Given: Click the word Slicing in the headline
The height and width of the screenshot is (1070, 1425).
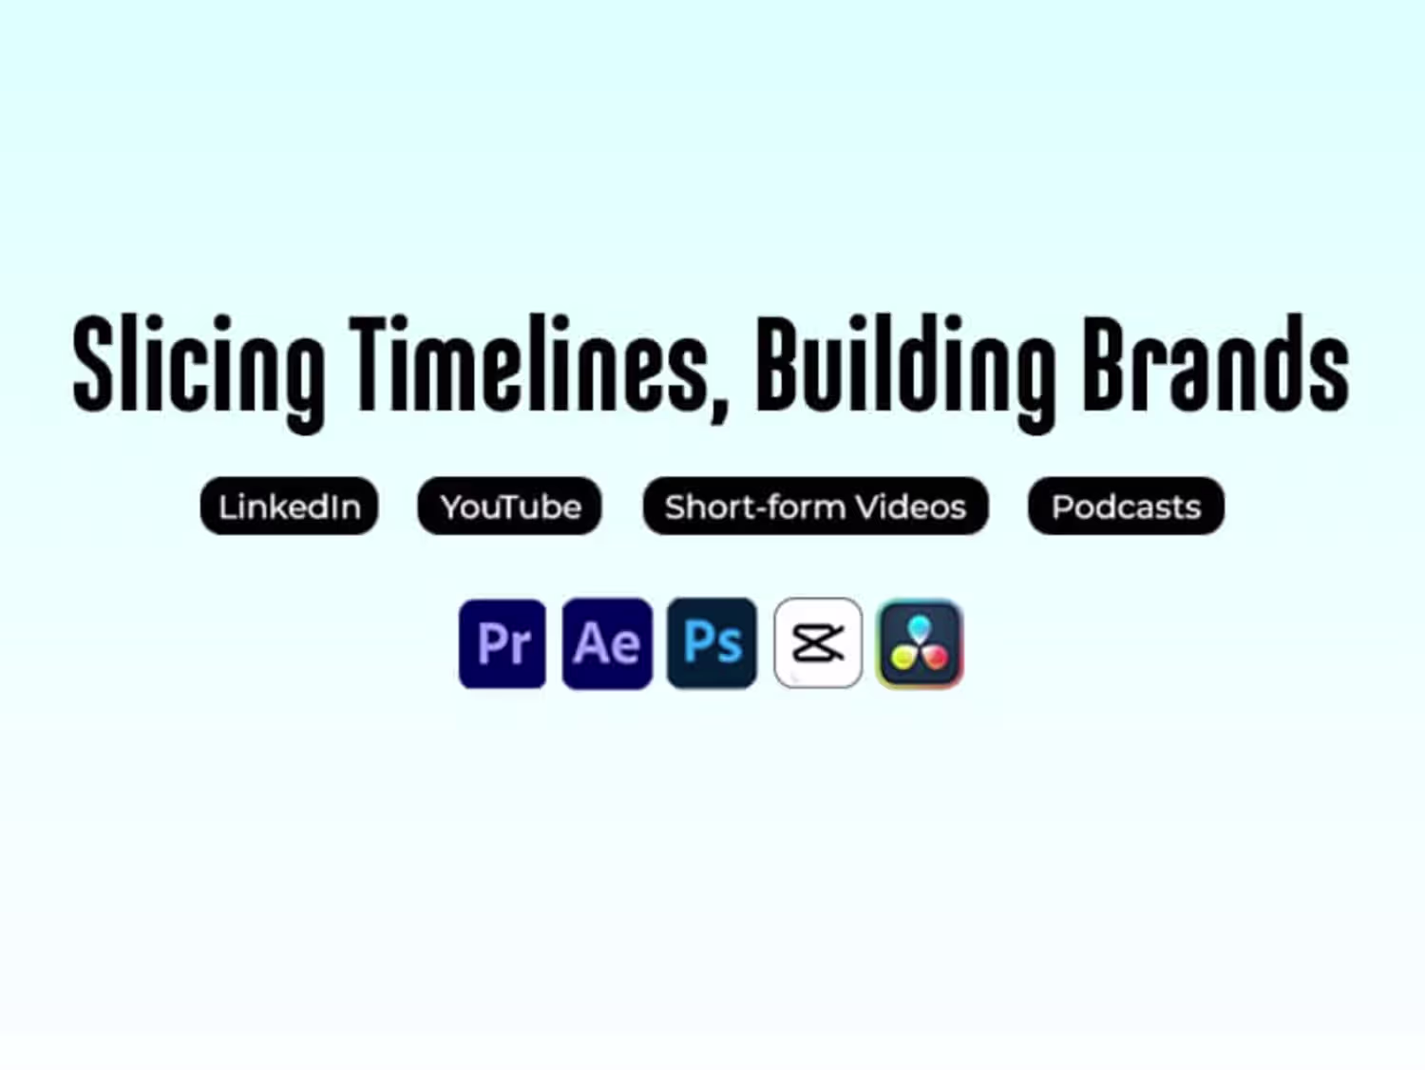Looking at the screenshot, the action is point(198,373).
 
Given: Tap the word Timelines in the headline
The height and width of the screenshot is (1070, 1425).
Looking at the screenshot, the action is point(528,363).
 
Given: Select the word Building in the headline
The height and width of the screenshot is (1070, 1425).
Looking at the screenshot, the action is point(905,373).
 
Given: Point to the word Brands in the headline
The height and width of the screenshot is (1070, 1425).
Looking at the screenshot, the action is point(1215,363).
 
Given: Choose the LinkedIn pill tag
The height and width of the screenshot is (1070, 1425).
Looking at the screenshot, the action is point(289,506).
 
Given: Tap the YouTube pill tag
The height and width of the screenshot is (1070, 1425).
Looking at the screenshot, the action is point(509,506).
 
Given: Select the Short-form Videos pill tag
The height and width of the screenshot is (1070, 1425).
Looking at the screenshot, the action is point(815,506).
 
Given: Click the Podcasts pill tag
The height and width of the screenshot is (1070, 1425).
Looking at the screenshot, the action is point(1127,506).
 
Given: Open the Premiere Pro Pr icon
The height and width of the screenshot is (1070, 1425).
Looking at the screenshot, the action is point(503,643).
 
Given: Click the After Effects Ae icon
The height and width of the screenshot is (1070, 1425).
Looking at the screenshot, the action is point(607,643).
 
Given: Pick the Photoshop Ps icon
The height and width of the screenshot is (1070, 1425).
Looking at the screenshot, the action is point(712,642).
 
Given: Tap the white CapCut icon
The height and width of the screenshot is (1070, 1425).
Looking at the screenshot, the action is point(818,642).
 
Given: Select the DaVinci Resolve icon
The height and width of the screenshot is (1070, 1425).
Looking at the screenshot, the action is point(920,643).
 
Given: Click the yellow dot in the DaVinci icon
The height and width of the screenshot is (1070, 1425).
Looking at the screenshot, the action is point(902,658).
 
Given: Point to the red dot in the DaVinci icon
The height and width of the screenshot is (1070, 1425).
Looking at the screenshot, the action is point(936,658).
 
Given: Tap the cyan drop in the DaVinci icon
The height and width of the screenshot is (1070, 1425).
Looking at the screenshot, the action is point(920,628).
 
